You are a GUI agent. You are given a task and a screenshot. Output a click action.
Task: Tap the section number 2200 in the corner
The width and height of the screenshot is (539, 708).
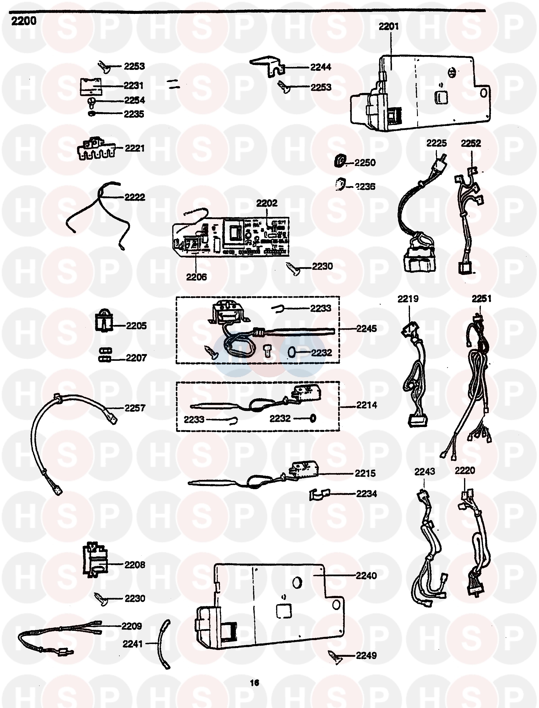point(24,21)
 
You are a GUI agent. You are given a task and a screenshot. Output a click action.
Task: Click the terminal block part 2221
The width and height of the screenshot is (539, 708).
point(96,149)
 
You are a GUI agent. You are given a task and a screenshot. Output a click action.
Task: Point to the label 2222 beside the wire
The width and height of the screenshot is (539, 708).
point(135,197)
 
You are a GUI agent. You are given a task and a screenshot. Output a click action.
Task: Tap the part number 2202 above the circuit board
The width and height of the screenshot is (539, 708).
point(267,203)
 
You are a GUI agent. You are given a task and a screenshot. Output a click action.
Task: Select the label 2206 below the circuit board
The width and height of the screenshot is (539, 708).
point(196,277)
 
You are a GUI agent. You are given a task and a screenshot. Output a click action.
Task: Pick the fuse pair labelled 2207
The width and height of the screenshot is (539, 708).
point(105,355)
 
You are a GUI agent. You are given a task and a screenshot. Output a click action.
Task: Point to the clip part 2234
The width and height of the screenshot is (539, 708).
point(319,494)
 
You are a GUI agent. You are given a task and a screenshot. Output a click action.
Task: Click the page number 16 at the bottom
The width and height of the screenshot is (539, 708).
point(254,683)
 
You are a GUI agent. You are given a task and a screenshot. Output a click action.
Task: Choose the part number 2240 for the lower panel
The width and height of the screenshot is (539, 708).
point(366,576)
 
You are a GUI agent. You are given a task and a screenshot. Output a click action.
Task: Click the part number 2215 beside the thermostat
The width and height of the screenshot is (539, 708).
point(365,473)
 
